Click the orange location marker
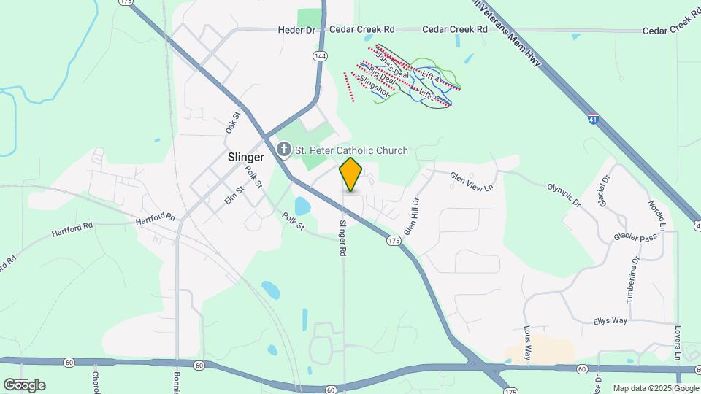(x=351, y=174)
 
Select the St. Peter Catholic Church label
(x=351, y=150)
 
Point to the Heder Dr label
(x=296, y=30)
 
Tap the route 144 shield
(x=319, y=55)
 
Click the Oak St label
(x=233, y=121)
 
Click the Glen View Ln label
(x=472, y=182)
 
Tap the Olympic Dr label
(x=564, y=193)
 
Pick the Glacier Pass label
(x=635, y=237)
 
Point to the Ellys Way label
(x=610, y=320)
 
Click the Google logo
(x=24, y=385)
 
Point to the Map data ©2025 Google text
(x=655, y=388)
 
